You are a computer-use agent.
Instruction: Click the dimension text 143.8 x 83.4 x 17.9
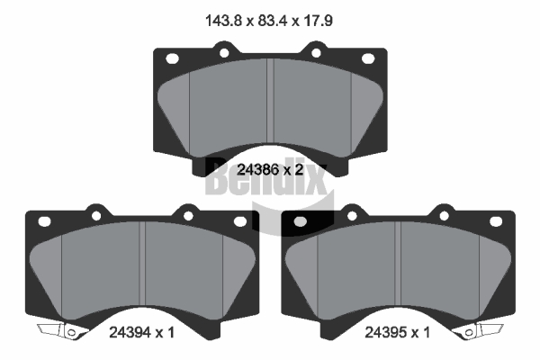pyautogui.click(x=269, y=21)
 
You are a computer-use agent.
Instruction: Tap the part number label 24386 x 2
pyautogui.click(x=270, y=169)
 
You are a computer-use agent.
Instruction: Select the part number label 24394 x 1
pyautogui.click(x=142, y=332)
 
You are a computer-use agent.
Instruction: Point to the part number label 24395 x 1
pyautogui.click(x=398, y=332)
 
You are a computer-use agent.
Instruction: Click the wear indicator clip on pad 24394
pyautogui.click(x=61, y=330)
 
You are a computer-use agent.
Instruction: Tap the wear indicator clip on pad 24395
pyautogui.click(x=478, y=330)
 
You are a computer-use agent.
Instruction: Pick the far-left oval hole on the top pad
pyautogui.click(x=172, y=58)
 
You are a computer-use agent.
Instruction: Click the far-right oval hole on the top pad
pyautogui.click(x=368, y=58)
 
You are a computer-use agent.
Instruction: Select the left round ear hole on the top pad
pyautogui.click(x=224, y=53)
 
